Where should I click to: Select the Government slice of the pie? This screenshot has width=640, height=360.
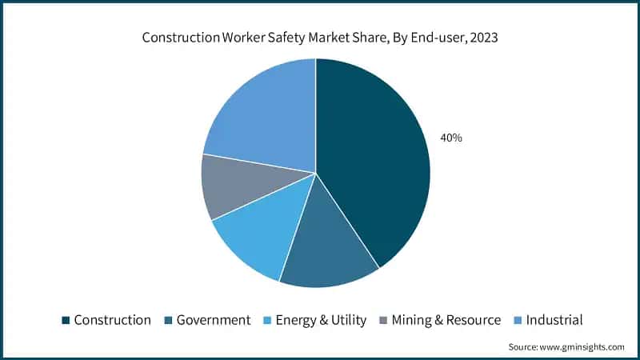point(328,248)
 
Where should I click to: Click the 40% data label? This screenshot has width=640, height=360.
point(451,138)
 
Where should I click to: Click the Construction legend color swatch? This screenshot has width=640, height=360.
point(66,321)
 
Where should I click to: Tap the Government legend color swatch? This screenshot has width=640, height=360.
point(168,321)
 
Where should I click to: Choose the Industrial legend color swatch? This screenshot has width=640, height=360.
point(517,321)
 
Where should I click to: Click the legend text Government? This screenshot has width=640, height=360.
point(213,320)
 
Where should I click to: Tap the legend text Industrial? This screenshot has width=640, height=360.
point(554,320)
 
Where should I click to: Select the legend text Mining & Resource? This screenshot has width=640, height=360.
point(446,320)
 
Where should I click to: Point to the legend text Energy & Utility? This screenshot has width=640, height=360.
point(321,320)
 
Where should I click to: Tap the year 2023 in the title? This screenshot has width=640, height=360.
point(482,38)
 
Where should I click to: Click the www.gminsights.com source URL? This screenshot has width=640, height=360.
point(581,346)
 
